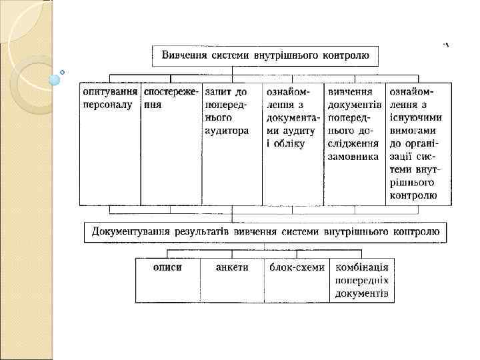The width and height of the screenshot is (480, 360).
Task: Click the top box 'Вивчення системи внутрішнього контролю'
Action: (x=265, y=55)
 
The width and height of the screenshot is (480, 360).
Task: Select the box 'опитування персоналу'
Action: (x=110, y=143)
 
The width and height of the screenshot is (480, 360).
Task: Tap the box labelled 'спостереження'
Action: (x=171, y=143)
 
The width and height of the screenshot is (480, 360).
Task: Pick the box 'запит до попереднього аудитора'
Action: (x=231, y=143)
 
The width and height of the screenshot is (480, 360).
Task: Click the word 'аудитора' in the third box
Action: (x=227, y=130)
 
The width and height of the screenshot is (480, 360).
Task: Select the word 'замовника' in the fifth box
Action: (x=353, y=156)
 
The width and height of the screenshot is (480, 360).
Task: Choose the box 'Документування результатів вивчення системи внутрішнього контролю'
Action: (x=265, y=232)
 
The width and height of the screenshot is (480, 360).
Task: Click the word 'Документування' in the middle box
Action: (x=129, y=232)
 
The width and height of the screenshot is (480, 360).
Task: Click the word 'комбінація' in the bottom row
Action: (x=362, y=267)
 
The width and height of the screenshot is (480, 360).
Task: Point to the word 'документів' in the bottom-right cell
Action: (x=361, y=293)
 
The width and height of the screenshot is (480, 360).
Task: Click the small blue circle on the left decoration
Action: (x=55, y=80)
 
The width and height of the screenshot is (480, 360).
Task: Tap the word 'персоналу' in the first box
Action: (x=108, y=105)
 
